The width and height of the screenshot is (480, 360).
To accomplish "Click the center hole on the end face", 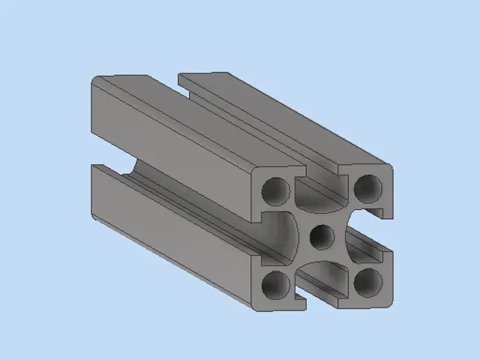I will pyautogui.click(x=322, y=237).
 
